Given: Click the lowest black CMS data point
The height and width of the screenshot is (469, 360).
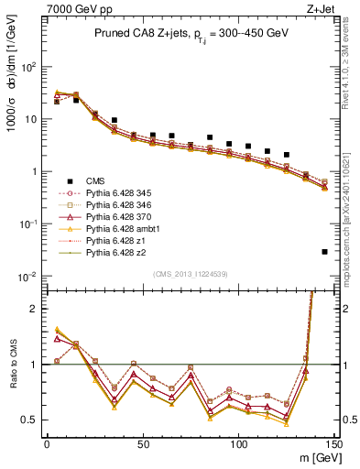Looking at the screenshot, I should click(x=325, y=252).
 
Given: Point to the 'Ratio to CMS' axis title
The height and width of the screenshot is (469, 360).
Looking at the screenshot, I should click(x=13, y=365).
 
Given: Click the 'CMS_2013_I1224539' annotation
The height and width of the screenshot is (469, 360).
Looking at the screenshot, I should click(x=191, y=274).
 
